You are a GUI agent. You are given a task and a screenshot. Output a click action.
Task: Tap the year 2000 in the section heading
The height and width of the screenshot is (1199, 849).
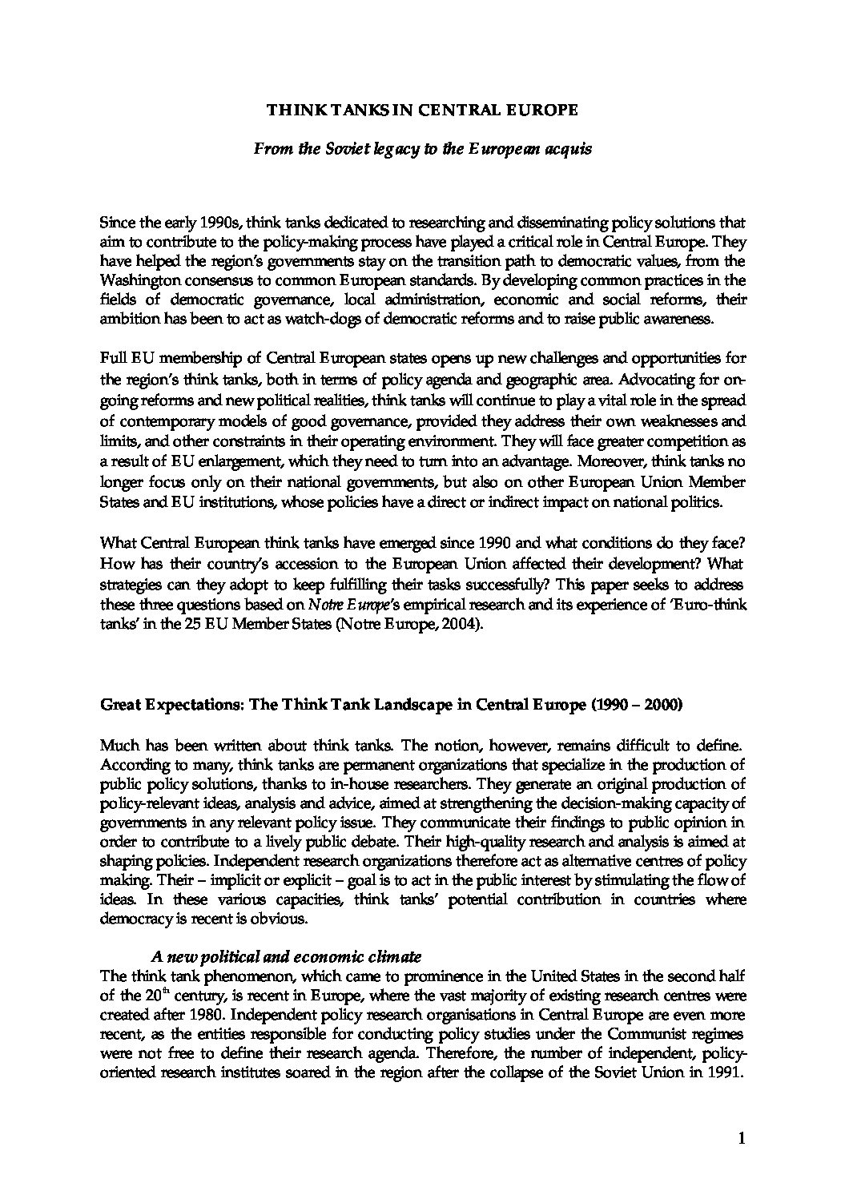[664, 706]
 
